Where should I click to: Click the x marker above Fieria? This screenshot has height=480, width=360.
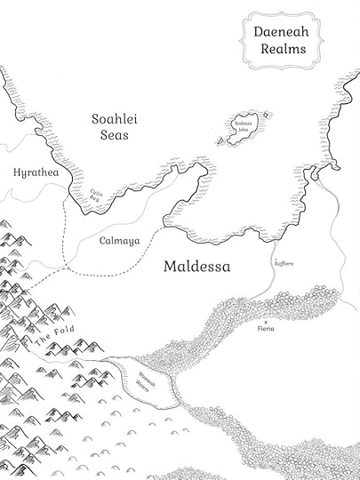(265, 320)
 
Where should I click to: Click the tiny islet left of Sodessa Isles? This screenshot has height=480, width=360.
(218, 140)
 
